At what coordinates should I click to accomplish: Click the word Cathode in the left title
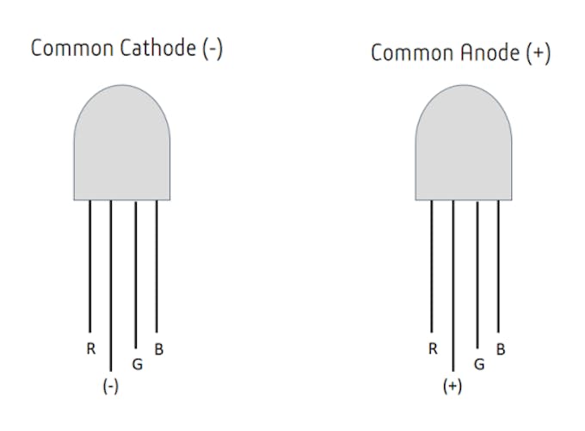click(x=157, y=48)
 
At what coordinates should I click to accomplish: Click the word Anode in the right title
click(x=490, y=52)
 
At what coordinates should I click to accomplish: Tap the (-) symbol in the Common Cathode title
click(x=212, y=49)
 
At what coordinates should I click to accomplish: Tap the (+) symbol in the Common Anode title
click(x=538, y=53)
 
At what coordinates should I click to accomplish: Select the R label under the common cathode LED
click(x=91, y=349)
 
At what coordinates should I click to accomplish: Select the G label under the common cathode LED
click(x=138, y=364)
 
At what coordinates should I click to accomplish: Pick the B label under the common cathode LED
click(x=159, y=349)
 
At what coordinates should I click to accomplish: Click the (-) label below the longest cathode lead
click(x=111, y=386)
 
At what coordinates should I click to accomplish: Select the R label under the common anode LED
click(x=433, y=349)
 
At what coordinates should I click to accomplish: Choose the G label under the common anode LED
click(x=479, y=364)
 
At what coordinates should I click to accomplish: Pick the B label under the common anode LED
click(x=501, y=349)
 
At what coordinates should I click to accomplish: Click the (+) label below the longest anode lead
click(x=453, y=386)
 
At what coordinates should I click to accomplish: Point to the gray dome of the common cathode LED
click(x=122, y=143)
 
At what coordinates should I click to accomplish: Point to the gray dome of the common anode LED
click(x=464, y=143)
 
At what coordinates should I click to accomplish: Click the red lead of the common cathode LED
click(x=90, y=266)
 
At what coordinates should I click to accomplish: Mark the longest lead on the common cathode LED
click(x=111, y=286)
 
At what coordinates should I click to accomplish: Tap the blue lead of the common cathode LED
click(x=157, y=267)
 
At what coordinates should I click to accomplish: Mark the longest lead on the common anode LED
click(x=453, y=286)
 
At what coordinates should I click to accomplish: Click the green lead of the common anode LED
click(x=477, y=275)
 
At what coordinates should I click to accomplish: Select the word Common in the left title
click(x=72, y=48)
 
